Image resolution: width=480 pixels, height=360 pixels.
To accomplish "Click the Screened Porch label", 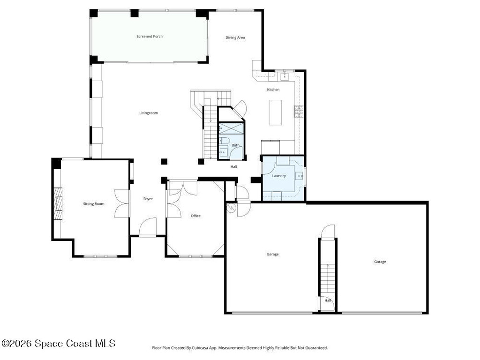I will [150, 36].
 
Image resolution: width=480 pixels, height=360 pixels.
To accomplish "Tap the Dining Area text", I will [235, 37].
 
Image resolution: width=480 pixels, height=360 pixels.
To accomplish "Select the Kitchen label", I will [273, 90].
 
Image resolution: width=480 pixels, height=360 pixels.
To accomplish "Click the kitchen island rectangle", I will [275, 112].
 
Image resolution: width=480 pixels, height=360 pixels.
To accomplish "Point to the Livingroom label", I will [149, 112].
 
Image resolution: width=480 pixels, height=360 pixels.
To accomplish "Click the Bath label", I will [235, 145].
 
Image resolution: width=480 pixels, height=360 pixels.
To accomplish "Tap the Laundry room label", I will [279, 176].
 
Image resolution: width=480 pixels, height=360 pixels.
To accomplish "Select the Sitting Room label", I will [93, 203].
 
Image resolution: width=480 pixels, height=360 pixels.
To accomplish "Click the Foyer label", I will [148, 199].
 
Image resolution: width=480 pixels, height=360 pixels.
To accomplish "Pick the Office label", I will [195, 216].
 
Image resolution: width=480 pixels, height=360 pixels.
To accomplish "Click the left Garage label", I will [272, 254].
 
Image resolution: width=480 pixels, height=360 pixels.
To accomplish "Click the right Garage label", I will [380, 262].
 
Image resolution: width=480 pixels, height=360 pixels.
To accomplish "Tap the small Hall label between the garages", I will [328, 300].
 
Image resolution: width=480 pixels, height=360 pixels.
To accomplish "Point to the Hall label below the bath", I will [233, 166].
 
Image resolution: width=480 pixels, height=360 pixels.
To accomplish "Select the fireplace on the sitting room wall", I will [58, 204].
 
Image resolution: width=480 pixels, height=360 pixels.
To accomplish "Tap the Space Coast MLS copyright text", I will [58, 343].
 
